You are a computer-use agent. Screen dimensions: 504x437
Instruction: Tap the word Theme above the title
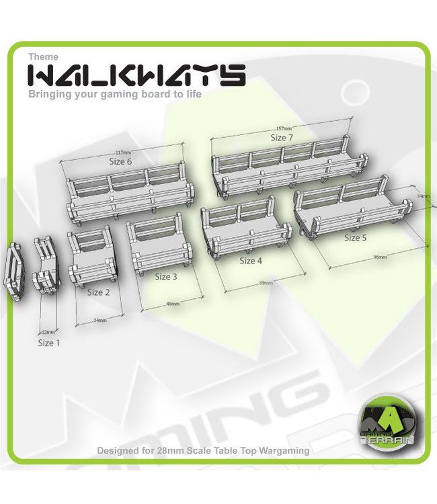click(43, 56)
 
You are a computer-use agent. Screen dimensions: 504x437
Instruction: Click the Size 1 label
click(49, 343)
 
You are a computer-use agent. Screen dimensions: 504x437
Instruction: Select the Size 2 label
click(98, 292)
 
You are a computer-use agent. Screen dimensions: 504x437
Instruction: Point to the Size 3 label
click(166, 277)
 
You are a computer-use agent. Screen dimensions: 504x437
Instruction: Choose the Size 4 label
click(250, 261)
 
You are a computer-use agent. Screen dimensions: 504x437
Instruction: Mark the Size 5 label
click(355, 237)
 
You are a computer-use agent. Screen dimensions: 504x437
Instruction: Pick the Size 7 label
click(282, 138)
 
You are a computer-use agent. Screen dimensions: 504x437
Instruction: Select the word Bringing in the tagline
click(50, 95)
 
